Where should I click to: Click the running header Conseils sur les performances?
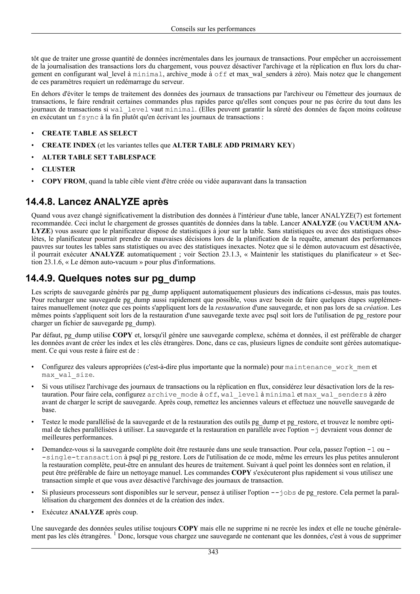[213, 29]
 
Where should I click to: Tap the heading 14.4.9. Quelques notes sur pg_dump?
[111, 278]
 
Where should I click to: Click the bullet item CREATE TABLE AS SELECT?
[90, 133]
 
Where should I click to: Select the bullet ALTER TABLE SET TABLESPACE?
[99, 157]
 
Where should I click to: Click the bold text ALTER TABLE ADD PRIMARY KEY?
[232, 145]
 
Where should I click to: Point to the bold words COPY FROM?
[63, 181]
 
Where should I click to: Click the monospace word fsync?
[88, 117]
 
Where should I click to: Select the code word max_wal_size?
[67, 375]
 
